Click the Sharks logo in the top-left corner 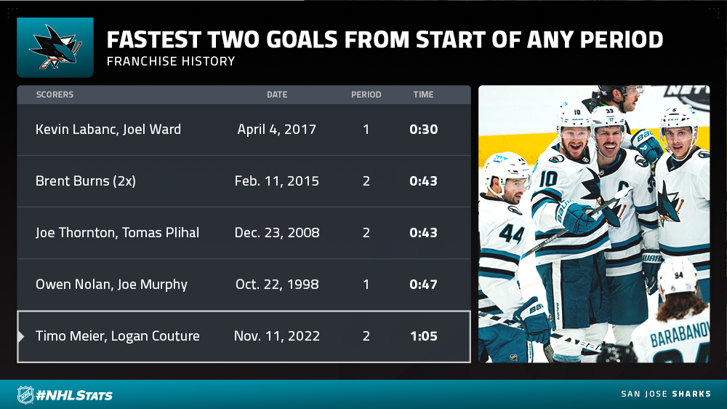tap(55, 47)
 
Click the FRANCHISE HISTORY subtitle tap(171, 61)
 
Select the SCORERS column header tap(55, 95)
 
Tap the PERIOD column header tap(366, 95)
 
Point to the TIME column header tap(423, 95)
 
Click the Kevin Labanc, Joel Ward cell tap(108, 129)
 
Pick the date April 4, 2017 tap(277, 129)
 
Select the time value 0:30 tap(423, 129)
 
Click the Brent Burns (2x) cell tap(86, 180)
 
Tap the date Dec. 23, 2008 tap(277, 233)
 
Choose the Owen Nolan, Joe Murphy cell tap(111, 284)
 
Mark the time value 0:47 tap(423, 284)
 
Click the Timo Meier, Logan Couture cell tap(117, 335)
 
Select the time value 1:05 tap(424, 335)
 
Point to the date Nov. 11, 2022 tap(277, 335)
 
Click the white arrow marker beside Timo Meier tap(21, 336)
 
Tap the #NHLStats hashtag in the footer tap(74, 396)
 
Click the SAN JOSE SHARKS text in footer tap(666, 394)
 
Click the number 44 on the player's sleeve tap(511, 234)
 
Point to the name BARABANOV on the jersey tap(679, 335)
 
